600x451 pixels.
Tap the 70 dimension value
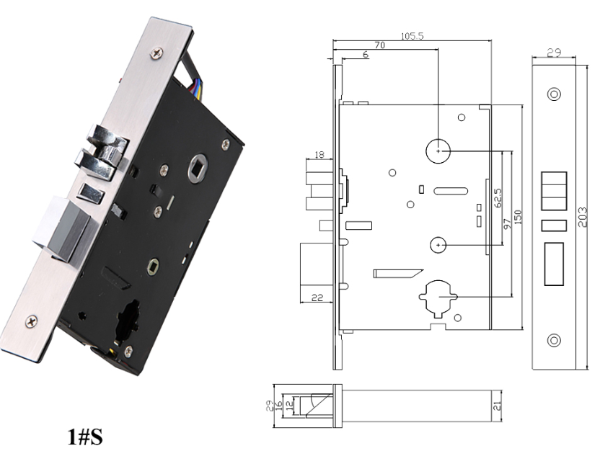point(378,44)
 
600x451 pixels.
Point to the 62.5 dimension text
point(498,198)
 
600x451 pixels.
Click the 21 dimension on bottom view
point(495,406)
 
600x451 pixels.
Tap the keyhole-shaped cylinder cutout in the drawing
point(438,298)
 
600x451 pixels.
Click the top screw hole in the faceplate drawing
point(555,94)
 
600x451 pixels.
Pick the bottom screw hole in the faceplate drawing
point(555,339)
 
